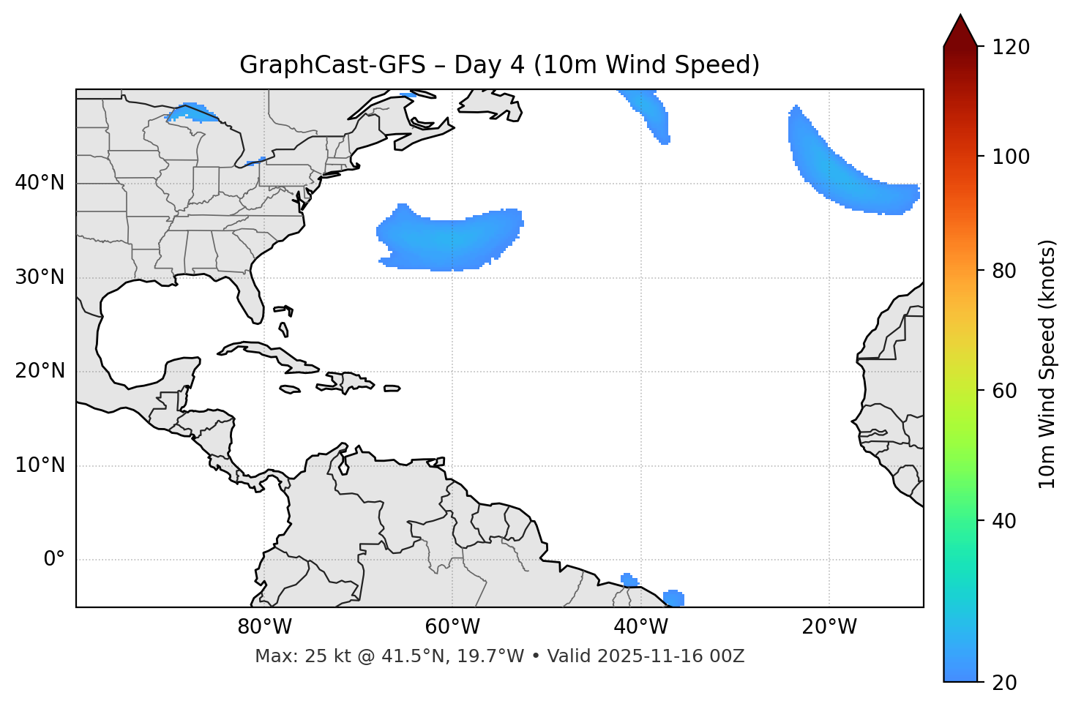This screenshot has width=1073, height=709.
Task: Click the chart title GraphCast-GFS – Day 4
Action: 499,65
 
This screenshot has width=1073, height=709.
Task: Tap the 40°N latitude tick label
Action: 40,183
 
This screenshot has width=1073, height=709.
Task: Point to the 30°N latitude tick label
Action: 40,277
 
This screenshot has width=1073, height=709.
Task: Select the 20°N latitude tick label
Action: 40,371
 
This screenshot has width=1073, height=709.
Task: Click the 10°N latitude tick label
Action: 40,465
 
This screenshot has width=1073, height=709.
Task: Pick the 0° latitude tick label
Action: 53,560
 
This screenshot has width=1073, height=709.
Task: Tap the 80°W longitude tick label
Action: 264,627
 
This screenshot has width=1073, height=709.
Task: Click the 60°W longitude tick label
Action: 452,627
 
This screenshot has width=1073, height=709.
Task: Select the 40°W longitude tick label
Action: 640,627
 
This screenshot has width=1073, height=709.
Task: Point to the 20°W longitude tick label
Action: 829,627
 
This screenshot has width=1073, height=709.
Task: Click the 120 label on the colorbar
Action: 1010,48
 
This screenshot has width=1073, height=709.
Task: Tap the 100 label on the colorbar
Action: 1010,157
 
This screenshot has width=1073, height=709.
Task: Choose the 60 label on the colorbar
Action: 1005,391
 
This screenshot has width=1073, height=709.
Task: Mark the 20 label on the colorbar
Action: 1005,683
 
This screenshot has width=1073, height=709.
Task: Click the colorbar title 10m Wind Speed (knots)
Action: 1047,364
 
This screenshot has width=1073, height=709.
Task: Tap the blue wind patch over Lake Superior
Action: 192,113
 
